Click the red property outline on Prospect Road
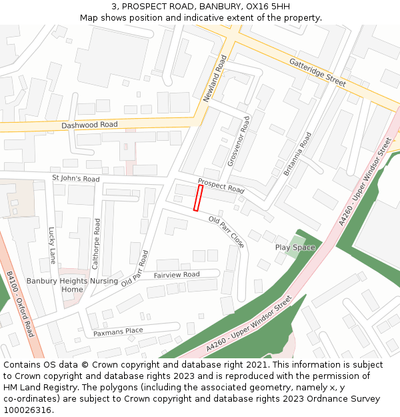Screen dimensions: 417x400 click(198, 198)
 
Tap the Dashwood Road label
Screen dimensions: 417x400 click(89, 125)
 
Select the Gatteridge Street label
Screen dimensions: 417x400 click(317, 72)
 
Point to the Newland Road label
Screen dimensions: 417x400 click(215, 79)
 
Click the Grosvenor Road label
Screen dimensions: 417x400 click(238, 141)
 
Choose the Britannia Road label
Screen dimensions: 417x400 click(297, 153)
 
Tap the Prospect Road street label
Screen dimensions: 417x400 click(221, 185)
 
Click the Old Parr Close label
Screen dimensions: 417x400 click(227, 232)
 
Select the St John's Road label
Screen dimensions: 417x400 click(75, 179)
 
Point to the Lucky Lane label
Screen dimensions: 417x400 click(52, 245)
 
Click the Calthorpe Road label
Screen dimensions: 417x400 click(97, 244)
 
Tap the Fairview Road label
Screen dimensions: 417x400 click(177, 275)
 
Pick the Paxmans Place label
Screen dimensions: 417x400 click(118, 332)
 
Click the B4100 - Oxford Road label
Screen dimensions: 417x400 click(20, 304)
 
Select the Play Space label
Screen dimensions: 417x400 click(295, 248)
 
